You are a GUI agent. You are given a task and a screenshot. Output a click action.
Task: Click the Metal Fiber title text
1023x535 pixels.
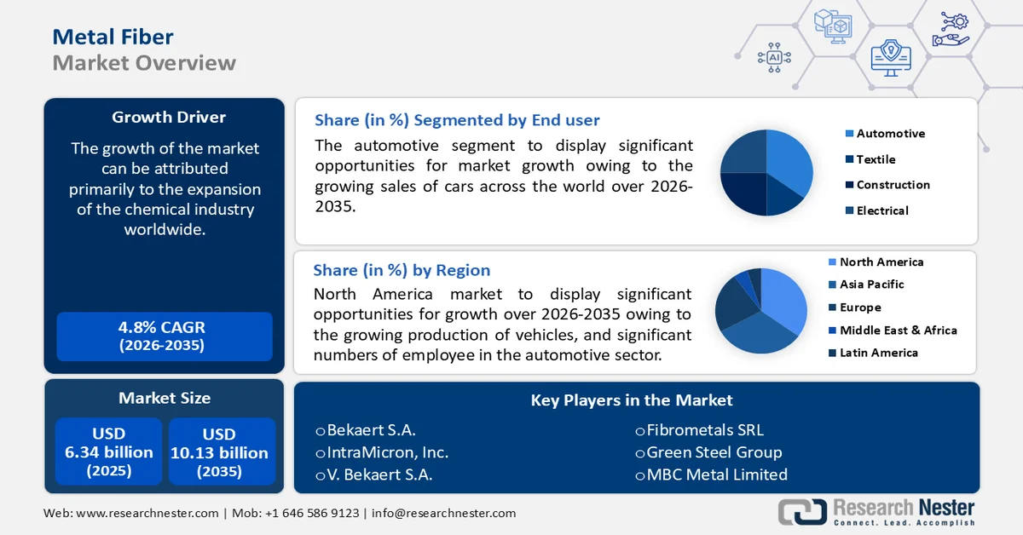click(113, 36)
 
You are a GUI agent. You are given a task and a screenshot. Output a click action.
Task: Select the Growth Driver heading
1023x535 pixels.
click(169, 118)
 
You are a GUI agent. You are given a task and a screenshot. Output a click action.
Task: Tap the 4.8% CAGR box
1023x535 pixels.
click(164, 336)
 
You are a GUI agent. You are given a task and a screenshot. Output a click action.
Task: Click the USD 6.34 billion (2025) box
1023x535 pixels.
click(109, 452)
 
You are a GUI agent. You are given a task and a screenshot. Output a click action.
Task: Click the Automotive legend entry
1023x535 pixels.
click(890, 134)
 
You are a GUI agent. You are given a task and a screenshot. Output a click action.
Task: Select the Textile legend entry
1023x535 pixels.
click(876, 159)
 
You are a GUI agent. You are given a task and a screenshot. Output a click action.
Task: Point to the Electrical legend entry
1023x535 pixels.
click(882, 210)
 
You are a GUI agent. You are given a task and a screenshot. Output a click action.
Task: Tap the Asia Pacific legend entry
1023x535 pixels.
click(871, 285)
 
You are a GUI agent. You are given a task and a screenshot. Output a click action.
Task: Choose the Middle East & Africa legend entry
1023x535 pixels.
click(898, 331)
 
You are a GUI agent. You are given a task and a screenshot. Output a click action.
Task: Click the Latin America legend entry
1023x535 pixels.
click(878, 353)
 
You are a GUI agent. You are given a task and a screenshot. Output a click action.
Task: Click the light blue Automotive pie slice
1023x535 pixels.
click(789, 162)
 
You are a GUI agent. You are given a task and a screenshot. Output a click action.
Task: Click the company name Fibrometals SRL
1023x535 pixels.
click(704, 430)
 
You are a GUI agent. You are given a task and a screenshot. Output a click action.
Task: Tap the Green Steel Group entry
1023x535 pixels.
click(714, 452)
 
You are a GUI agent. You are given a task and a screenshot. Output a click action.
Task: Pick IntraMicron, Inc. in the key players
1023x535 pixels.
click(387, 452)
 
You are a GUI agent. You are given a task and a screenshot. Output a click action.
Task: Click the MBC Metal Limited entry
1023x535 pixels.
click(716, 475)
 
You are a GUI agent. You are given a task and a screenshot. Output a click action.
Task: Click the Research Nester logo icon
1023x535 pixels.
click(802, 511)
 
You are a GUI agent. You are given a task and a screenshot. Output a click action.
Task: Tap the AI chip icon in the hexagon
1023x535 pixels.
click(774, 57)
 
